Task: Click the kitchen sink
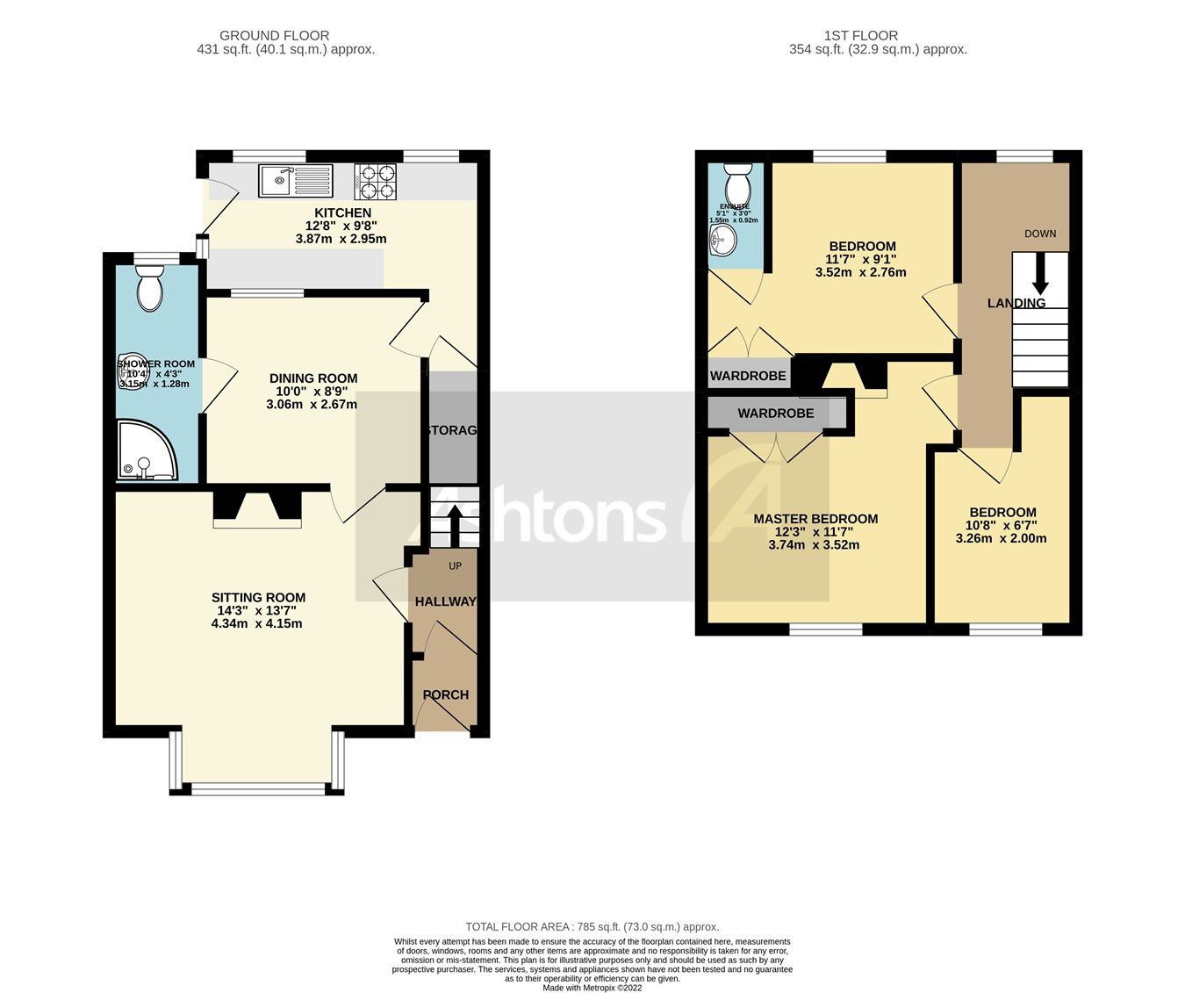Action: (x=295, y=181)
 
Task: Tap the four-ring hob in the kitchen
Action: (x=376, y=182)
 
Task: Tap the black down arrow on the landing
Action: (x=1040, y=274)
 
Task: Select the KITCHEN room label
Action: (x=342, y=212)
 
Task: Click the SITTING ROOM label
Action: (x=258, y=598)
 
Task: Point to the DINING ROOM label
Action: (x=313, y=378)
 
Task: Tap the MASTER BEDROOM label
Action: (x=815, y=519)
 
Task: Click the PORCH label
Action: (x=446, y=694)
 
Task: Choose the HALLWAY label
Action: (x=445, y=601)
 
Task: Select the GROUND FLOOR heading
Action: (x=274, y=36)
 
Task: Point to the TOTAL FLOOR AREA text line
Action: (x=592, y=926)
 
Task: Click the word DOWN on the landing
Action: (x=1040, y=234)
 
